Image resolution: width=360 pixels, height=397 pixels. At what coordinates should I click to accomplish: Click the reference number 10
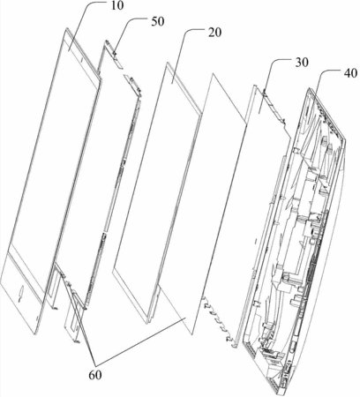point(117,6)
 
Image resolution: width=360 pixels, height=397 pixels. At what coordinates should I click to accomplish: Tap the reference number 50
point(158,22)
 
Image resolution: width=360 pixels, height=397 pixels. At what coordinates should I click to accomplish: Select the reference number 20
point(214,33)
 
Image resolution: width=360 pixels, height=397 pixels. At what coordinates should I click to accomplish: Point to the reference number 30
point(302,63)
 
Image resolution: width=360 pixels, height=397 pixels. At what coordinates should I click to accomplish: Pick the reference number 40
point(350,73)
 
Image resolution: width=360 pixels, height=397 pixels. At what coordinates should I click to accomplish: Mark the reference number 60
point(95,375)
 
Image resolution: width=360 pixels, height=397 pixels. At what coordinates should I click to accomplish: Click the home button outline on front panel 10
point(21,293)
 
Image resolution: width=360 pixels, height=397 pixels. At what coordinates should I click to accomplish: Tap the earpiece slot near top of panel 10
point(81,60)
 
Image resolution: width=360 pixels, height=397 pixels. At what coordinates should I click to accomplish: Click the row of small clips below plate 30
point(219,323)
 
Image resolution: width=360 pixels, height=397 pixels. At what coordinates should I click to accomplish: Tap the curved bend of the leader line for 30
point(275,61)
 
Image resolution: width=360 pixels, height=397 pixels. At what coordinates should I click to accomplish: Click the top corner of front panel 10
point(67,28)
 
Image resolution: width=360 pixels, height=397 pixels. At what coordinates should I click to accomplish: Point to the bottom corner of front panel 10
point(36,333)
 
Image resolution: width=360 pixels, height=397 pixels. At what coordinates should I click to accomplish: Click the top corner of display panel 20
point(168,63)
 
